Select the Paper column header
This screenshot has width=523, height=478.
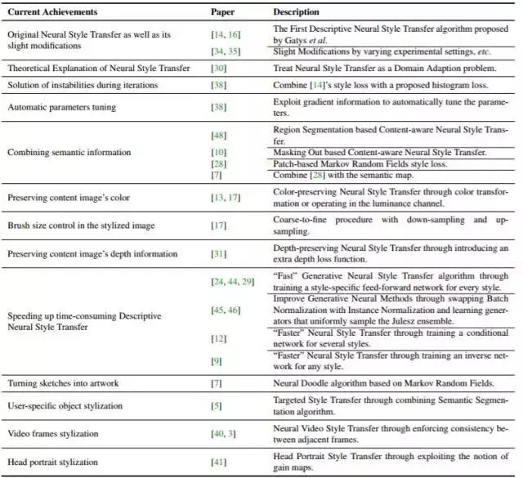[224, 12]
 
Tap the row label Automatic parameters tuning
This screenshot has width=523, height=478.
[61, 107]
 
